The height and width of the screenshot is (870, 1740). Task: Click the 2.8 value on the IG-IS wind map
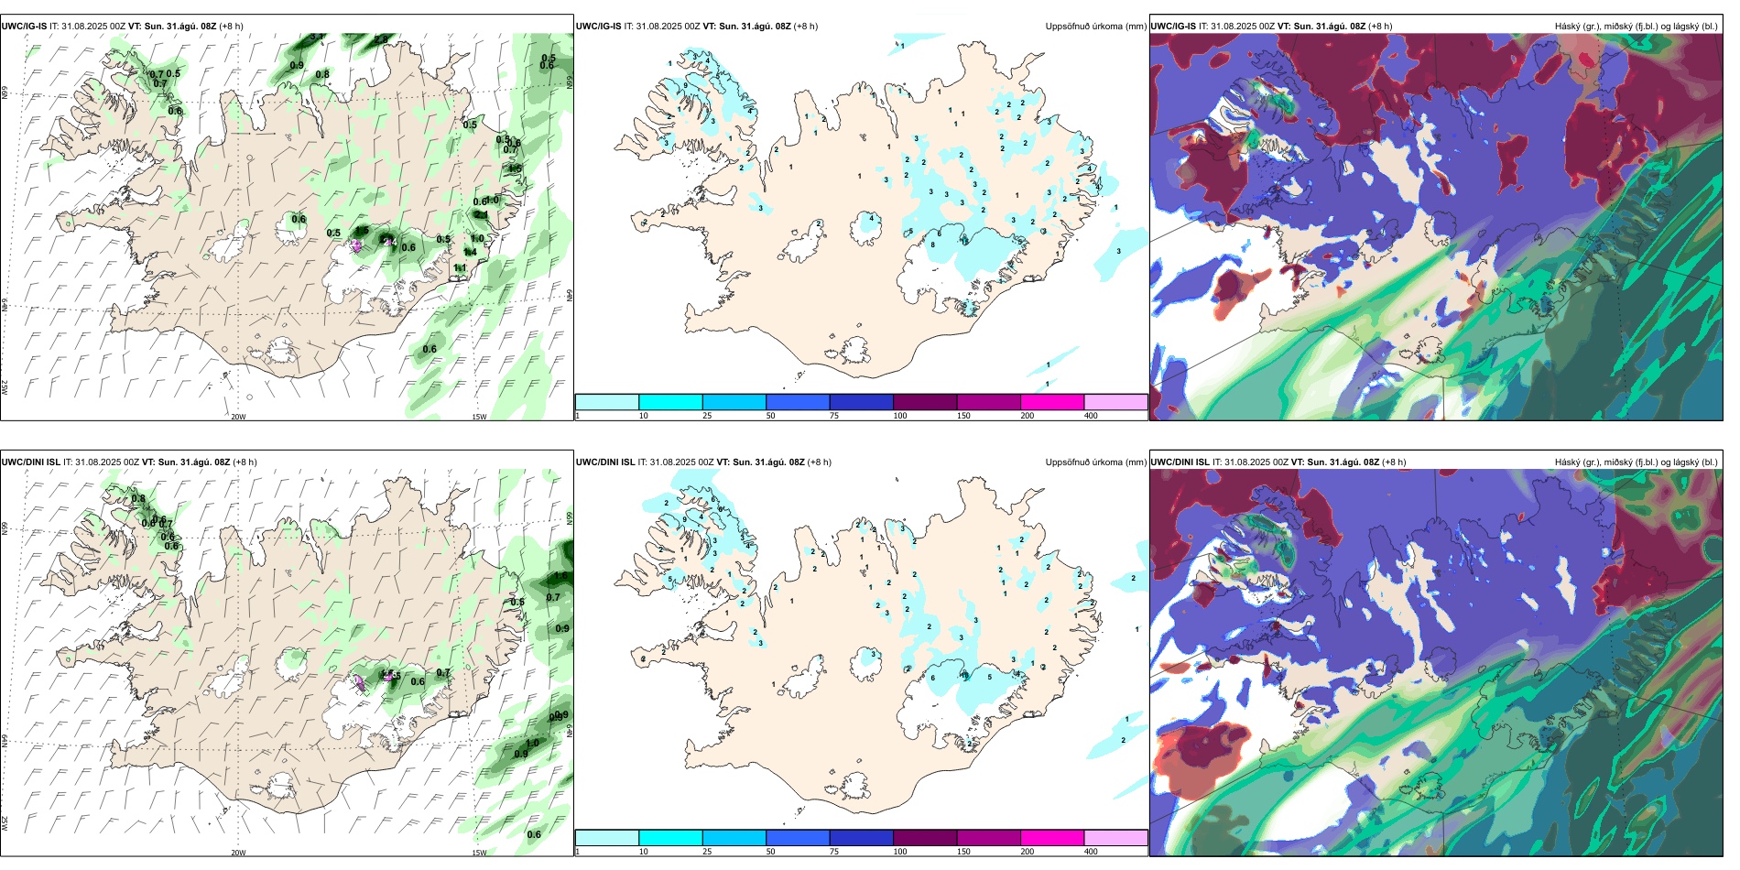tap(317, 37)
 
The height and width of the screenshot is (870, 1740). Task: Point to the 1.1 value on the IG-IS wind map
tap(460, 267)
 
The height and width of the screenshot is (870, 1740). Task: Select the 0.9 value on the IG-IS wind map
tap(297, 65)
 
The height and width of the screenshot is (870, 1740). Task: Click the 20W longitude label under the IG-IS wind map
tap(238, 417)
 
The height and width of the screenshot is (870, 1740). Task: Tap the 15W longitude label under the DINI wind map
tap(479, 853)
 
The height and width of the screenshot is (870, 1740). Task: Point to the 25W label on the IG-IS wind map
tap(5, 386)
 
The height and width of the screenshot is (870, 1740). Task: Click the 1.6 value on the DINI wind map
tap(561, 576)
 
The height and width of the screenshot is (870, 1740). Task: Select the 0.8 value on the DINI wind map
tap(138, 499)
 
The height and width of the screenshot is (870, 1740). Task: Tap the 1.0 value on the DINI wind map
tap(532, 744)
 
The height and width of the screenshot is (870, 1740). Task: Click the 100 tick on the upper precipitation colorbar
tap(900, 416)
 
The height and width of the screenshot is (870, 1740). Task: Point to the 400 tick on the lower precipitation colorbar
tap(1091, 852)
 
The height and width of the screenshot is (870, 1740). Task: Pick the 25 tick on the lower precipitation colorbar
tap(707, 852)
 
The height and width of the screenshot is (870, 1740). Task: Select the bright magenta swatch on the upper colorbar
tap(1052, 402)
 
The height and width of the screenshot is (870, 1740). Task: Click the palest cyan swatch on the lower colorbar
tap(606, 838)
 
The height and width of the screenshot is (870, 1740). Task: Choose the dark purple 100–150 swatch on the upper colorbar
tap(925, 402)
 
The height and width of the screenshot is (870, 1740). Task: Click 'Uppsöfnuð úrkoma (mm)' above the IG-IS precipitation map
tap(1095, 27)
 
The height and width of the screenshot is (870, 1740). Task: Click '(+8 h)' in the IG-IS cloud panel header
tap(1380, 27)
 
